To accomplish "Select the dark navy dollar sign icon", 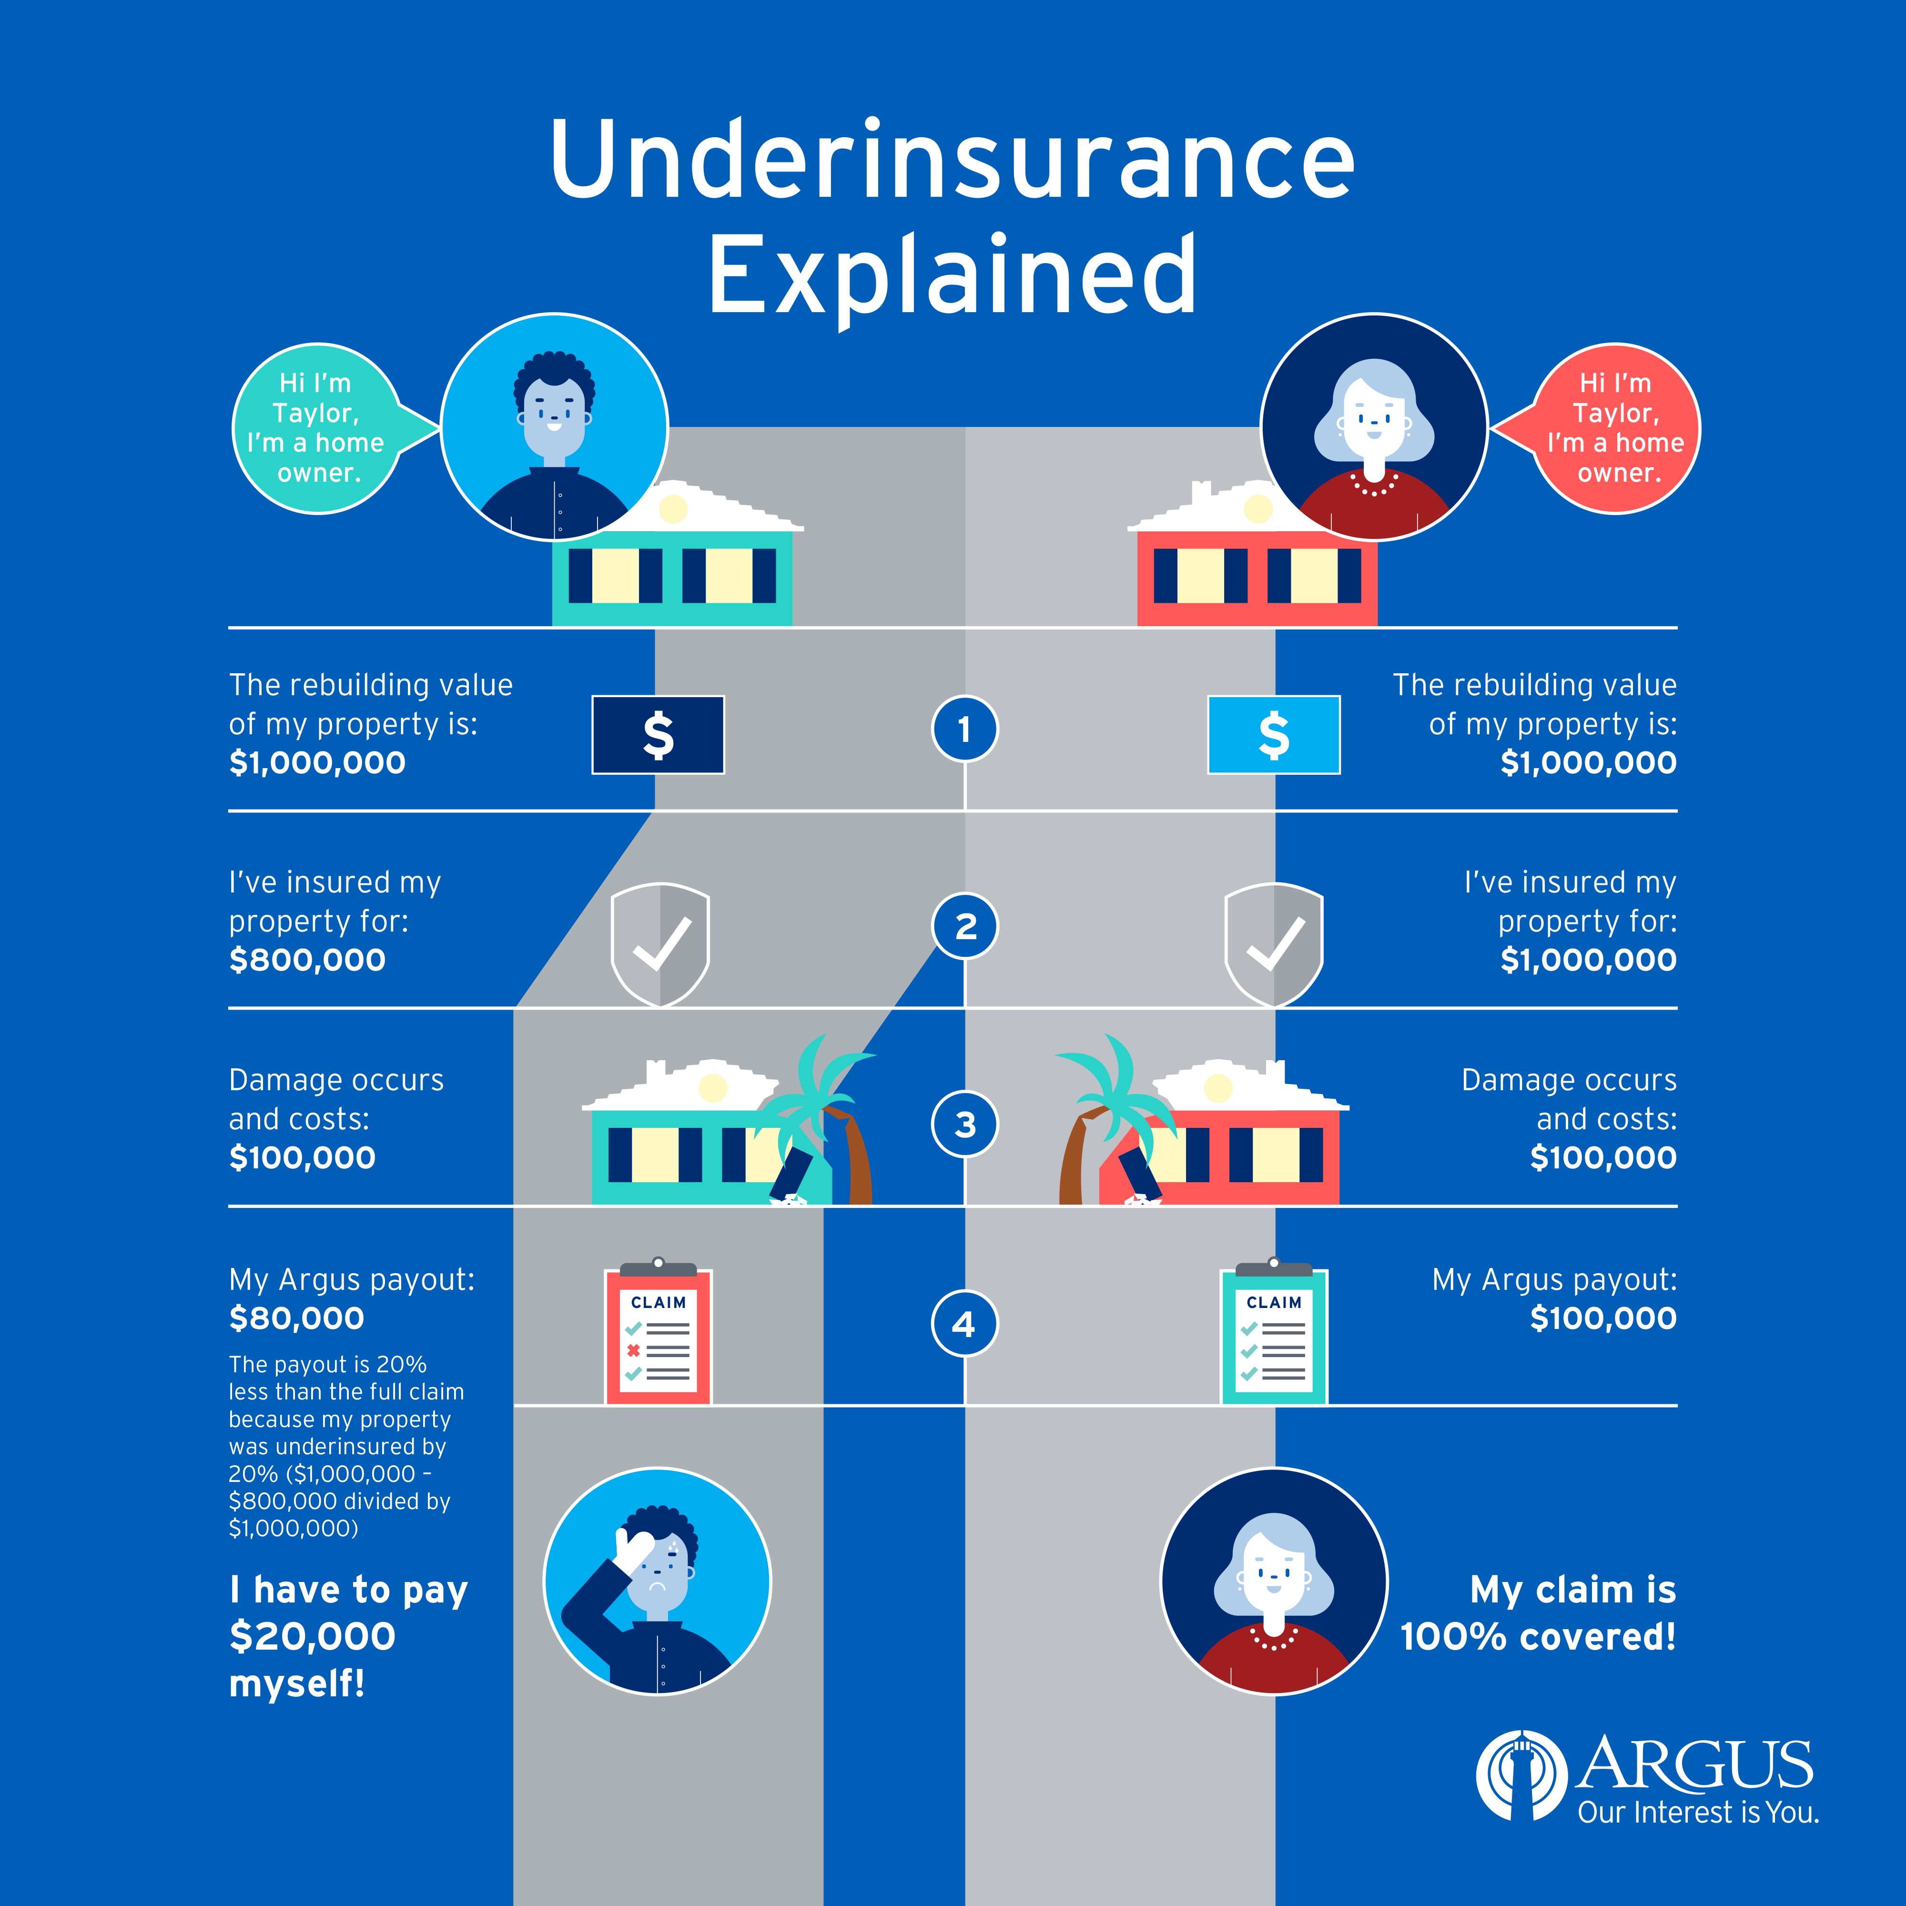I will pos(658,735).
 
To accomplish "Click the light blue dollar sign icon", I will pos(1274,735).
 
